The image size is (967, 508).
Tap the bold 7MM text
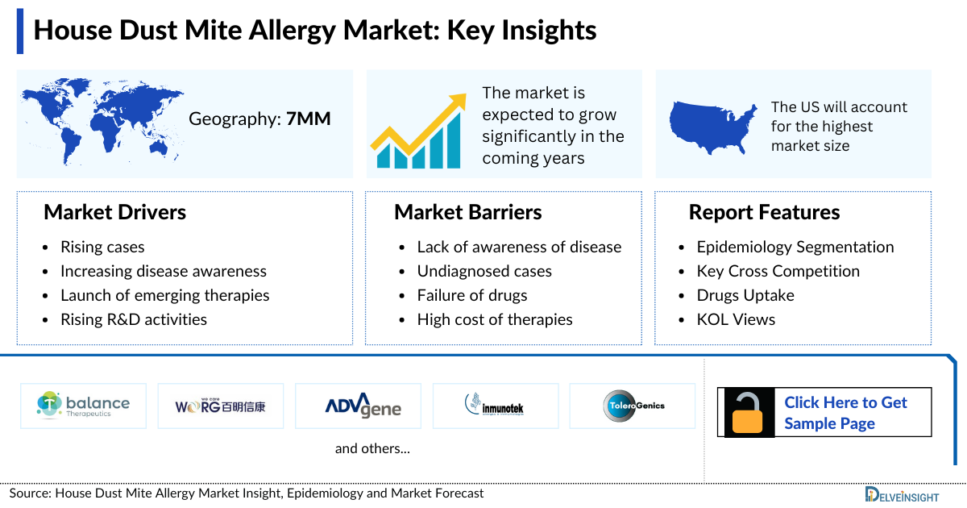click(x=309, y=119)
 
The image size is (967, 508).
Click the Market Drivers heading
click(x=114, y=212)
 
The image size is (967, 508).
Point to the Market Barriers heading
click(x=467, y=212)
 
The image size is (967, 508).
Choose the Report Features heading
click(x=764, y=212)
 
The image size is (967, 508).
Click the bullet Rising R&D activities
click(x=133, y=319)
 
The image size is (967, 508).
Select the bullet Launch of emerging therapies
click(x=164, y=295)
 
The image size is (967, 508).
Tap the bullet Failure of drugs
click(x=471, y=295)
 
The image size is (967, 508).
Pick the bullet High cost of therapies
click(x=494, y=319)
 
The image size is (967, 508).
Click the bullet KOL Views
click(x=735, y=319)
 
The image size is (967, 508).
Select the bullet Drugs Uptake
click(x=745, y=295)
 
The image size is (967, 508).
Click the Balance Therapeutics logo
click(x=83, y=405)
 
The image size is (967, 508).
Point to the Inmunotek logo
click(x=495, y=405)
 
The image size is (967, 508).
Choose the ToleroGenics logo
click(x=633, y=405)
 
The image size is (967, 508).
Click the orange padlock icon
click(x=749, y=413)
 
